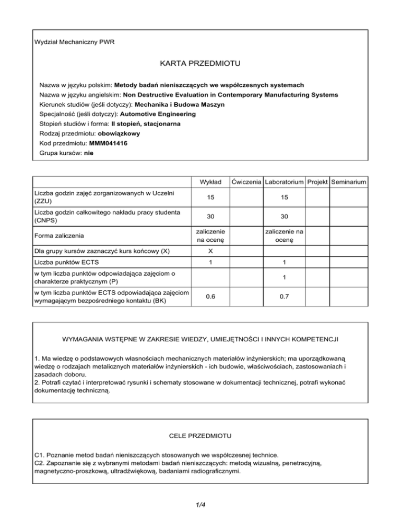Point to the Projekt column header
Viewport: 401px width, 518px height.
[317, 182]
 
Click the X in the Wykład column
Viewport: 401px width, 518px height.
[209, 251]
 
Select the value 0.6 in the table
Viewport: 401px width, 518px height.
[209, 296]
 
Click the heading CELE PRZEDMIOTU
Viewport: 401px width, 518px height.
[200, 434]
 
